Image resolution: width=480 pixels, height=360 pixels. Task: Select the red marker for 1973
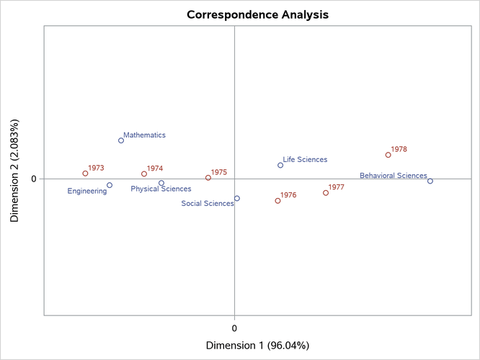click(85, 174)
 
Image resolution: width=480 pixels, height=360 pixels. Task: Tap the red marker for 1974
click(144, 174)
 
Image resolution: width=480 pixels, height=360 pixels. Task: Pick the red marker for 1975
click(208, 178)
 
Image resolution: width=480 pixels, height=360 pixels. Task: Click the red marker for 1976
click(277, 201)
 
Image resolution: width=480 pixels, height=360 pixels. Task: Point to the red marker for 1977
click(326, 193)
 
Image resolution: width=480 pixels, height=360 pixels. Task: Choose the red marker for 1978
click(388, 155)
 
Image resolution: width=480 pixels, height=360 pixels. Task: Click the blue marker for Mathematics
click(121, 140)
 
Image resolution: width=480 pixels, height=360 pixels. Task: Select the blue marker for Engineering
click(110, 185)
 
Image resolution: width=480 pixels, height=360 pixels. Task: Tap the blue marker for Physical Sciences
click(161, 183)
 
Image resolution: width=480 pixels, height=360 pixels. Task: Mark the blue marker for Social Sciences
click(237, 198)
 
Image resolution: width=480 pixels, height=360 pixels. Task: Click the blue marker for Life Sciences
click(280, 165)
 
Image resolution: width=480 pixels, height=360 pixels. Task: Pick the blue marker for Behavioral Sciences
click(430, 181)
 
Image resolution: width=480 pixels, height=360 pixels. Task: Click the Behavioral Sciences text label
click(393, 176)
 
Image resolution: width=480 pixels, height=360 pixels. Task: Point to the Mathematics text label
click(144, 135)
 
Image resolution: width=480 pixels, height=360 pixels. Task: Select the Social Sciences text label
click(208, 204)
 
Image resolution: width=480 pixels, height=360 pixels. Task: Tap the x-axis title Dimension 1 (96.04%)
click(257, 346)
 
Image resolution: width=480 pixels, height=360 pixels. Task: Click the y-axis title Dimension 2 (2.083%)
click(15, 170)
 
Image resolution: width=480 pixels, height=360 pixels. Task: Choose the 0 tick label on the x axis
click(235, 328)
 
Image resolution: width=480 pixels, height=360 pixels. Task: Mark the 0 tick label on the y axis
click(33, 179)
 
